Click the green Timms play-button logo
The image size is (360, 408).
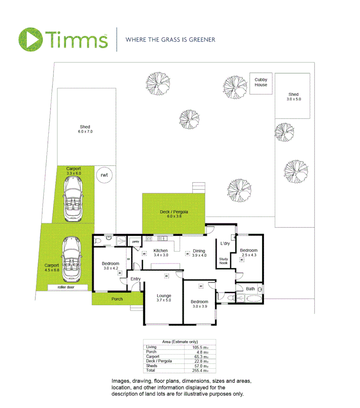click(x=30, y=39)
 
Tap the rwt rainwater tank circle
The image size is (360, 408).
click(x=104, y=175)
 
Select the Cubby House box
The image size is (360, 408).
click(x=261, y=83)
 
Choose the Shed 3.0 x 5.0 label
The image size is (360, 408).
click(x=293, y=97)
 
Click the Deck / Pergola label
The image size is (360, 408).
click(x=174, y=214)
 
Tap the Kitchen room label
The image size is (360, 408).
click(x=161, y=252)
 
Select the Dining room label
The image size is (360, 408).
click(x=199, y=253)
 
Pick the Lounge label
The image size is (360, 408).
click(x=164, y=298)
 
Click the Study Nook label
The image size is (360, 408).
click(x=223, y=261)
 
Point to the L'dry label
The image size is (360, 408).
click(x=225, y=244)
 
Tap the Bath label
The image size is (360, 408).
click(x=250, y=289)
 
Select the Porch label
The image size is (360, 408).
click(x=117, y=299)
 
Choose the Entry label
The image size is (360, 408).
click(x=135, y=279)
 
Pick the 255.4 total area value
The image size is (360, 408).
click(x=200, y=371)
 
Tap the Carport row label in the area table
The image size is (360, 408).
click(x=152, y=356)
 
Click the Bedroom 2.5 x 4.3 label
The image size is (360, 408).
click(x=249, y=252)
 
